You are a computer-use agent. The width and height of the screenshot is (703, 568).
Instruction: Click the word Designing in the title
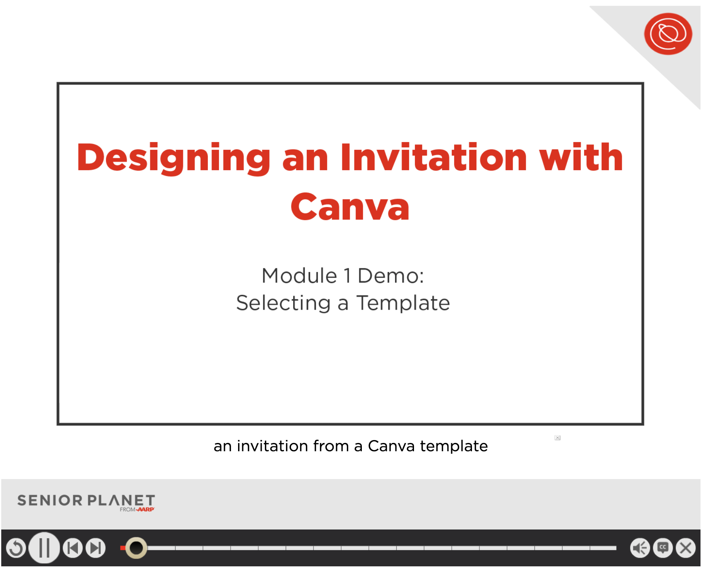point(174,159)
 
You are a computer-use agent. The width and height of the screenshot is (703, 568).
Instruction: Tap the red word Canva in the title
point(350,207)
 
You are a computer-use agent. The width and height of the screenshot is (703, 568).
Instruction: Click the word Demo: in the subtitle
point(391,276)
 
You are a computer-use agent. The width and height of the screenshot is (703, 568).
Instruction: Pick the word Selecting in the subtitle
point(284,303)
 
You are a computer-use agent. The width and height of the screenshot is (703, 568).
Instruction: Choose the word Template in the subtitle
point(403,303)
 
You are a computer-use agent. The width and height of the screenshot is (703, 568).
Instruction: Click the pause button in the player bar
point(44,548)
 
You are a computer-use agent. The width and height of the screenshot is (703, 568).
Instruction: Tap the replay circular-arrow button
point(16,548)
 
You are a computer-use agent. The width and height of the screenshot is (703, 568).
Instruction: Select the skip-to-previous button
point(73,548)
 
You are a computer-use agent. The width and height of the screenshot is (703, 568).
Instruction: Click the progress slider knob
point(136,548)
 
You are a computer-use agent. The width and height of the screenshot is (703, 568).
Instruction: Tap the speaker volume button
point(640,548)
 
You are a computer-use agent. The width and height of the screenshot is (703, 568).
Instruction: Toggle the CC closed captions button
point(663,548)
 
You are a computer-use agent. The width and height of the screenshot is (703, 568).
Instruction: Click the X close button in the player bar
point(686,548)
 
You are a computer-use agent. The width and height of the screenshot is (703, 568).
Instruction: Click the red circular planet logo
point(668,34)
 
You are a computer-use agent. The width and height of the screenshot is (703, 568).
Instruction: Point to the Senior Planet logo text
point(86,501)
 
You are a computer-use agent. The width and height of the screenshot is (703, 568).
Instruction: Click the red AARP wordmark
point(146,510)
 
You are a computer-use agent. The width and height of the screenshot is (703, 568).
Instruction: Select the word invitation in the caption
point(272,446)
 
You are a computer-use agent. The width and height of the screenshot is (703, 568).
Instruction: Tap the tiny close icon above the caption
point(558,438)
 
